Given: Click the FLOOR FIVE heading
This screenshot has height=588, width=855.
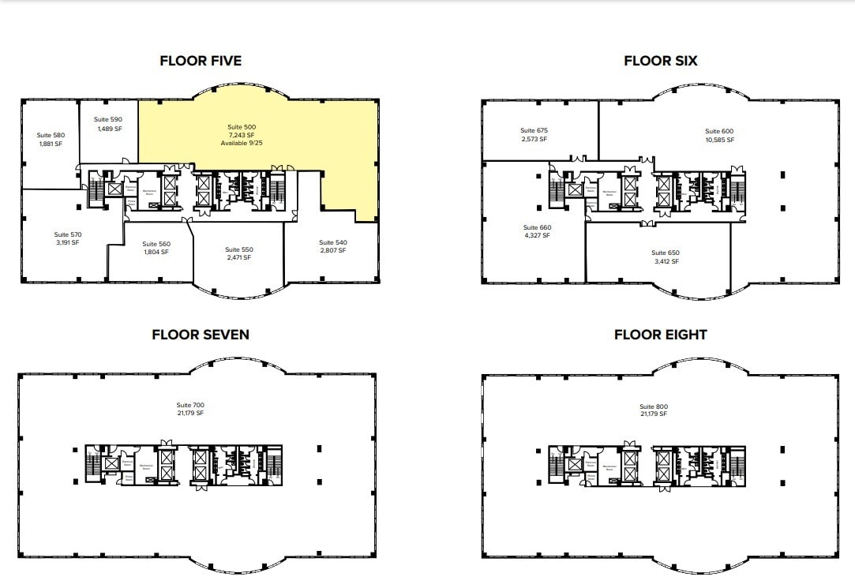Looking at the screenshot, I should pyautogui.click(x=201, y=61).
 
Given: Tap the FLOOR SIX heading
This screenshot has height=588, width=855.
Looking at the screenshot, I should pyautogui.click(x=660, y=61).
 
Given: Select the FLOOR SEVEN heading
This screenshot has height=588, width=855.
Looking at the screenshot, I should pyautogui.click(x=201, y=335).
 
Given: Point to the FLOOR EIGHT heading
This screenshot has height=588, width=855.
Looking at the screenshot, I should pyautogui.click(x=660, y=335).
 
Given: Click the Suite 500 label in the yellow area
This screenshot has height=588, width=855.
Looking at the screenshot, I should pyautogui.click(x=242, y=127).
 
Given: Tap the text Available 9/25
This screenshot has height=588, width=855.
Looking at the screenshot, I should pyautogui.click(x=242, y=144).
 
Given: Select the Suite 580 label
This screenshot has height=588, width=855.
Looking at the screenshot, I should pyautogui.click(x=51, y=135).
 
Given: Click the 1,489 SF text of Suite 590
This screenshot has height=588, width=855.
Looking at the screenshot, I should pyautogui.click(x=110, y=129).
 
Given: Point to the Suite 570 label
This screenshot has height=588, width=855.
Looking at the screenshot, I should pyautogui.click(x=68, y=234).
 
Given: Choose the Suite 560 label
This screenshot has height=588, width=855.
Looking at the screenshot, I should pyautogui.click(x=157, y=244).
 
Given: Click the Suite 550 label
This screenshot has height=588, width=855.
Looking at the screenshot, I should pyautogui.click(x=238, y=249).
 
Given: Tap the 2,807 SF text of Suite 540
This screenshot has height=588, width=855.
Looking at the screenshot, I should pyautogui.click(x=332, y=250).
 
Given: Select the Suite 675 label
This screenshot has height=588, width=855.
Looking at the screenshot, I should pyautogui.click(x=534, y=130).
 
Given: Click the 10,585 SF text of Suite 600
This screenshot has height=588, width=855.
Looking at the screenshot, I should pyautogui.click(x=719, y=140).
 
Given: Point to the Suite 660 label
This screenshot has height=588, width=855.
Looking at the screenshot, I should pyautogui.click(x=537, y=227).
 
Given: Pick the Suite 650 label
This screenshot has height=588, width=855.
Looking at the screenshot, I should pyautogui.click(x=665, y=253).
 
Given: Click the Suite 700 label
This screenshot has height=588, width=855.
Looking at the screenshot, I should pyautogui.click(x=189, y=405).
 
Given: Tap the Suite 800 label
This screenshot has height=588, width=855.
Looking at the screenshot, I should pyautogui.click(x=654, y=406).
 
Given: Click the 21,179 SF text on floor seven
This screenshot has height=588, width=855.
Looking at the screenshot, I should pyautogui.click(x=189, y=414).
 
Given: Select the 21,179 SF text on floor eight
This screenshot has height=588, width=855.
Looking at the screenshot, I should pyautogui.click(x=654, y=414).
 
